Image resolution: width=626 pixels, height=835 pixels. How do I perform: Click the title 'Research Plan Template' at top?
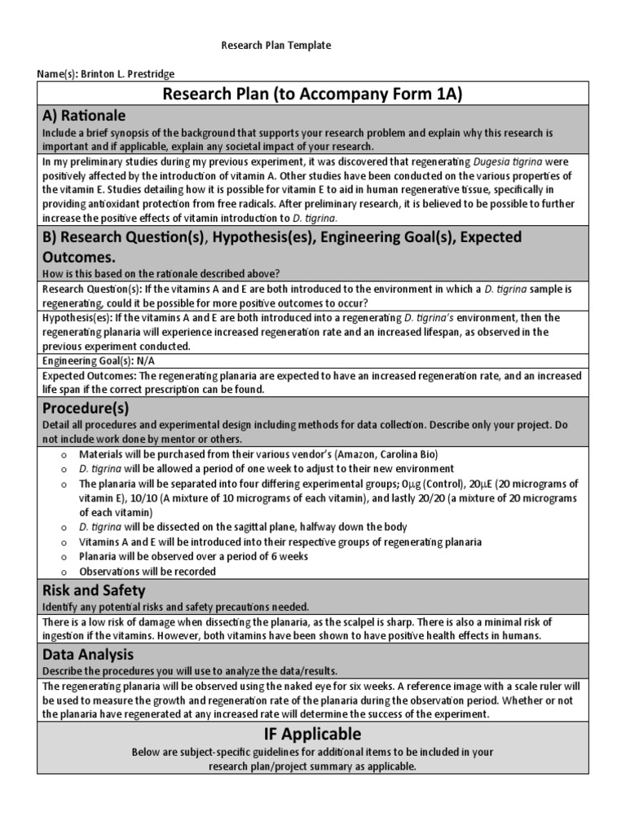coord(276,46)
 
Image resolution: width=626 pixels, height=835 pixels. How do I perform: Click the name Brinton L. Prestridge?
coord(127,74)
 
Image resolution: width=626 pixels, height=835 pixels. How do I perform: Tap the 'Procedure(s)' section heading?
coord(86,408)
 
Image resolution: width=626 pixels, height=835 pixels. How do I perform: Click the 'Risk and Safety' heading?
coord(94,590)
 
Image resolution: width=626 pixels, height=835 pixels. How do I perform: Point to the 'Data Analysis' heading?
coord(87,654)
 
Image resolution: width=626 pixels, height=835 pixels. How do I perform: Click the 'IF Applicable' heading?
coord(312,733)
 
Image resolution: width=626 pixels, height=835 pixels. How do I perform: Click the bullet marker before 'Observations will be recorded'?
coord(63,572)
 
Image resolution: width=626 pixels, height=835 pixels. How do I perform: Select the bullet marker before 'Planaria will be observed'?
coord(63,557)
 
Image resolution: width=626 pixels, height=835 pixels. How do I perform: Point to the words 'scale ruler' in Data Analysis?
coord(533,685)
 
